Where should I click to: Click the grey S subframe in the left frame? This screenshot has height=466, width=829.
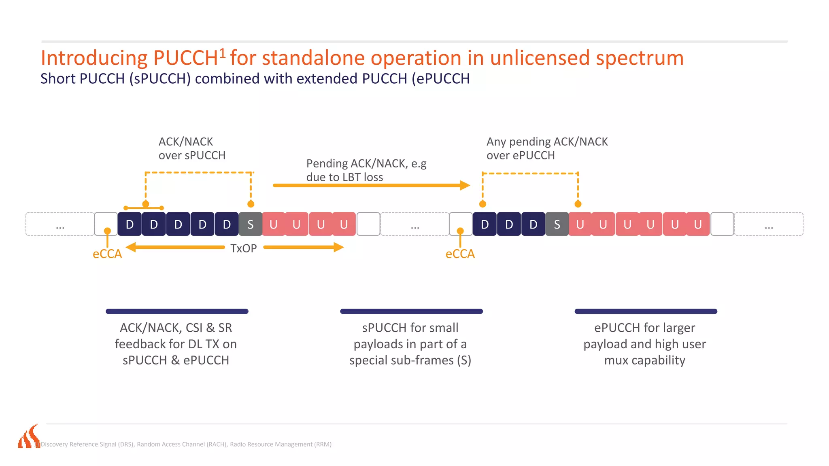tap(251, 224)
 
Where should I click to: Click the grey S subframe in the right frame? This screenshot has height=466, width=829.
tap(557, 224)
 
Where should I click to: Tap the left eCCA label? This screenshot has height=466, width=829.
tap(107, 254)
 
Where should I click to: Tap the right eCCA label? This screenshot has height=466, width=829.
tap(460, 254)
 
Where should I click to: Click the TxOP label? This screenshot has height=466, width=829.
tap(243, 248)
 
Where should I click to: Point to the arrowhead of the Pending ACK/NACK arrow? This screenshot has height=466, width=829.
tap(465, 185)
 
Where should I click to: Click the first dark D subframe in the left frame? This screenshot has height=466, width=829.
tap(130, 224)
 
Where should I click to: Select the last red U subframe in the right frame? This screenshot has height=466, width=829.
tap(698, 224)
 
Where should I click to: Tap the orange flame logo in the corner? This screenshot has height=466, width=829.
tap(29, 437)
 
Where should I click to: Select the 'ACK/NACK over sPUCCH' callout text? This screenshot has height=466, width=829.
tap(192, 148)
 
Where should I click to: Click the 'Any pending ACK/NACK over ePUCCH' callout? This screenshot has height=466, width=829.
tap(547, 148)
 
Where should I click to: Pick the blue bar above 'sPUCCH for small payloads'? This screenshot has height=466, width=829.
tap(411, 311)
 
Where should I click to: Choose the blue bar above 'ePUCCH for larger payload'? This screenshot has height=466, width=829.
tap(646, 311)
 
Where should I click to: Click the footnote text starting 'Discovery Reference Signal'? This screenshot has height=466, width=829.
tap(186, 444)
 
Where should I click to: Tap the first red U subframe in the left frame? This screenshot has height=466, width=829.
tap(274, 224)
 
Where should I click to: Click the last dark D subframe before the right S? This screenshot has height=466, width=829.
tap(534, 224)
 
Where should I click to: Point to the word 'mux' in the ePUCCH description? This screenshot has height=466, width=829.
tap(616, 360)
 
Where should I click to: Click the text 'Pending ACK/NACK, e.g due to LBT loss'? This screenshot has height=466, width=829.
tap(366, 170)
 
